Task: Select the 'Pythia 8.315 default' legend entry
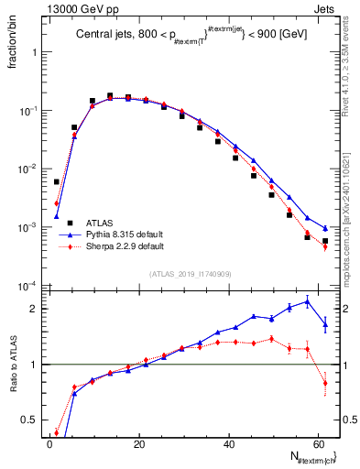(125, 234)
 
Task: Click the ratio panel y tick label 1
(35, 365)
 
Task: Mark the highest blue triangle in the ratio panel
(307, 300)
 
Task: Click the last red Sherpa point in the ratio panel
(325, 383)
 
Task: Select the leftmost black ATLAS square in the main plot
(57, 182)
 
